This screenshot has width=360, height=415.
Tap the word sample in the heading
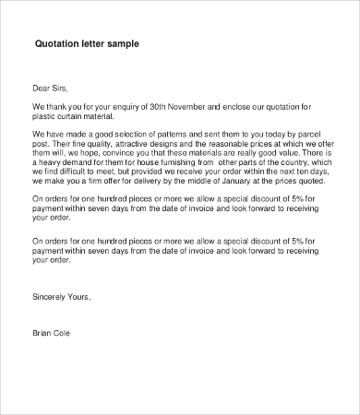122,43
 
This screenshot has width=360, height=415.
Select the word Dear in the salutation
42,90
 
